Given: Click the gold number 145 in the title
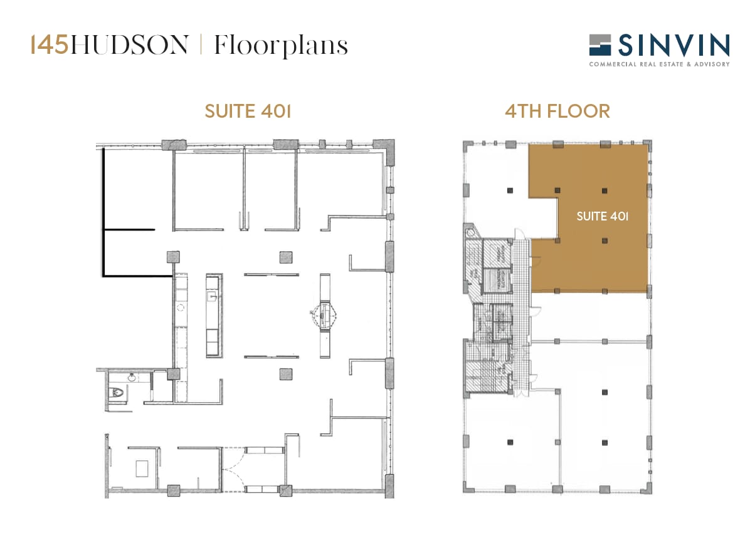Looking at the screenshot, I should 50,46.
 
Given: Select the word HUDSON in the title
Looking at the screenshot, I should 129,46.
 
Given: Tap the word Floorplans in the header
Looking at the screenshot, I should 280,46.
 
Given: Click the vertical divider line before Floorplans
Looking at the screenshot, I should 201,46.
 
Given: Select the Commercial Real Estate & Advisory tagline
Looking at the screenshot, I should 659,64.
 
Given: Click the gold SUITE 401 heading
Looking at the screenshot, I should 248,111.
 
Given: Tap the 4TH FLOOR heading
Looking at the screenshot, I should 557,111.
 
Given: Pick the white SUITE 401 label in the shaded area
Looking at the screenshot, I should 602,217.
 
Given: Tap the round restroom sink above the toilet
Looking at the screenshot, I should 132,378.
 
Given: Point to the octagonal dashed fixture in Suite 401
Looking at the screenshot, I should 326,313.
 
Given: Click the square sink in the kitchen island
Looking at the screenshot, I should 213,292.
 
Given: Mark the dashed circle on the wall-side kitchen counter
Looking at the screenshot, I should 181,308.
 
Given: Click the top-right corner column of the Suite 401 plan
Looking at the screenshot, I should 388,149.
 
